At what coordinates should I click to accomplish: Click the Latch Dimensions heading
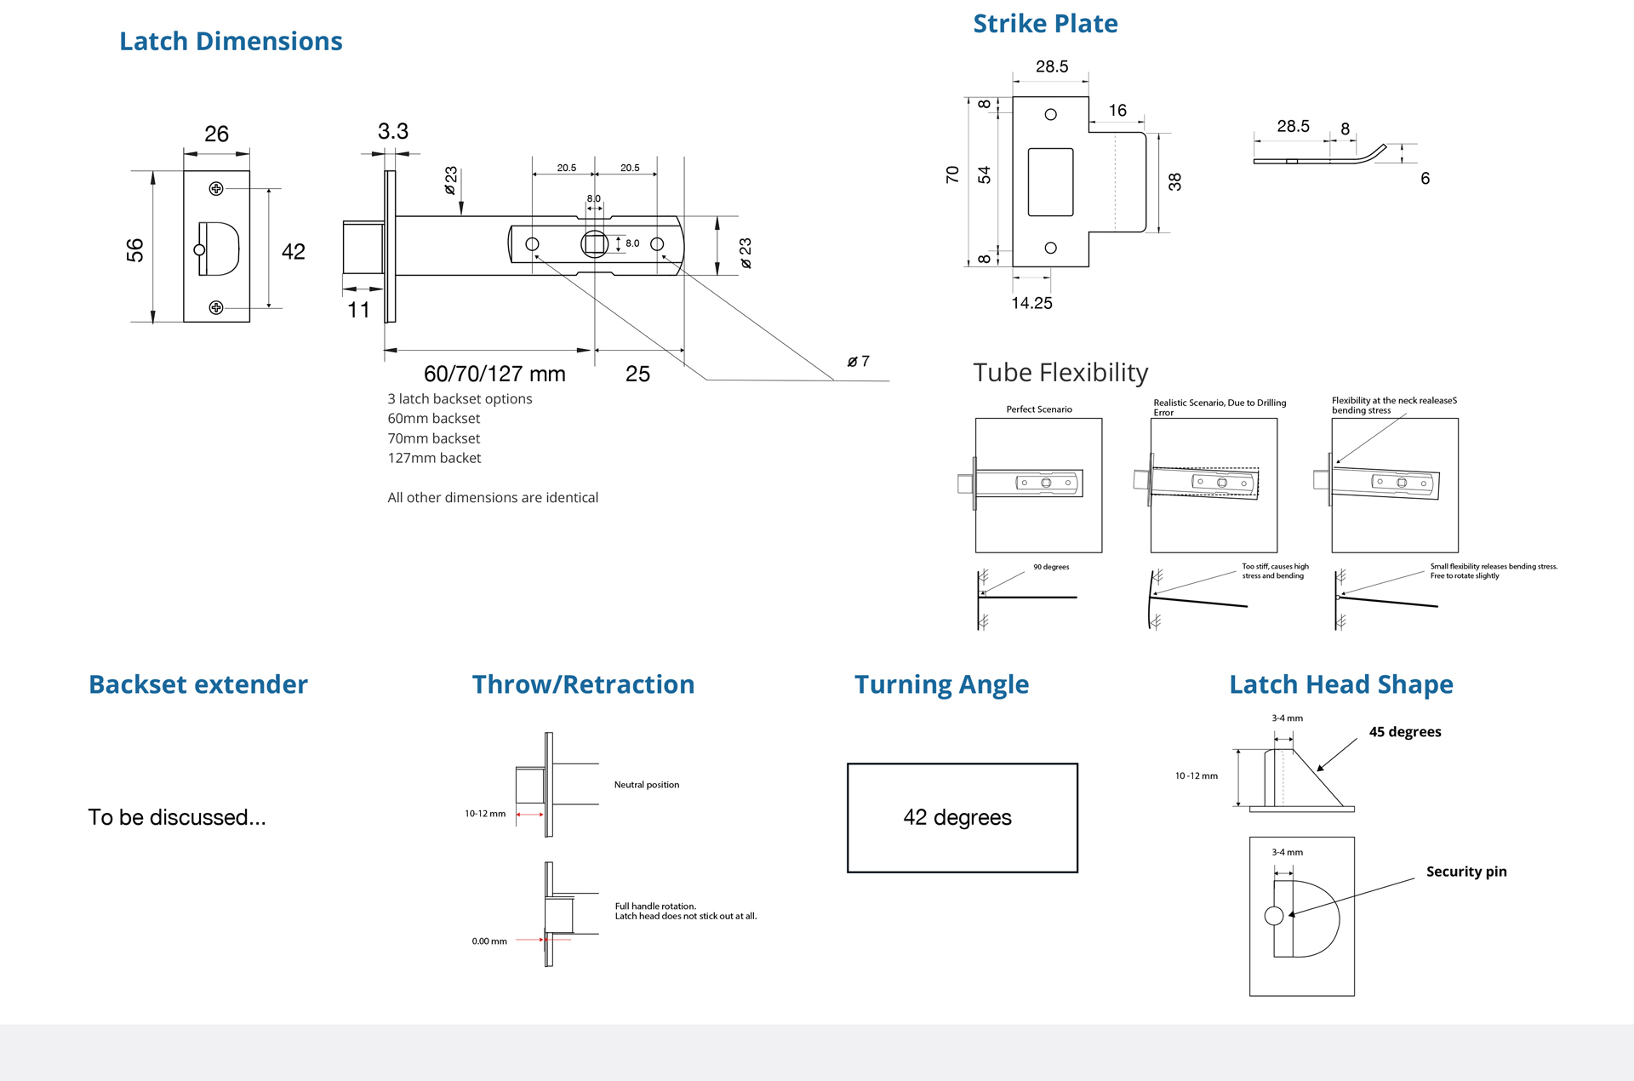coord(231,41)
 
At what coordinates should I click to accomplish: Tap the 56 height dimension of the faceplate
coord(135,249)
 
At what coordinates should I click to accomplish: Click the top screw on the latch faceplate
coord(216,188)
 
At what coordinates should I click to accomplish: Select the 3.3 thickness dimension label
coord(392,132)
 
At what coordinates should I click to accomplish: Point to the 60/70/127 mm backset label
coord(494,374)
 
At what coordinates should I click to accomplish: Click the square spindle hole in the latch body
coord(594,244)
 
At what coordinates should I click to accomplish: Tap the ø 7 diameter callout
coord(858,362)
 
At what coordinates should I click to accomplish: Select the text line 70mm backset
coord(434,438)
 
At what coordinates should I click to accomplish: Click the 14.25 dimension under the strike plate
coord(1031,303)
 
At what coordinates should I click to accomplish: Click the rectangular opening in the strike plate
coord(1050,181)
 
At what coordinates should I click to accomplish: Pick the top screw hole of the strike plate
coord(1050,114)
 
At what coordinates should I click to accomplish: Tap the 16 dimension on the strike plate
coord(1117,111)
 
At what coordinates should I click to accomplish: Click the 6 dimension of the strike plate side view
coord(1425,179)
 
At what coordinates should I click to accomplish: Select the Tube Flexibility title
coord(1060,373)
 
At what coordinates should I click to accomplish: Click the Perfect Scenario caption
coord(1039,409)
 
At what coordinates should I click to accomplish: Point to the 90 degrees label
coord(1051,567)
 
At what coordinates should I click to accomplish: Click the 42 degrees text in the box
coord(957,817)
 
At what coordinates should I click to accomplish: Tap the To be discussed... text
coord(177,817)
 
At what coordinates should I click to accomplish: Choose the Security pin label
coord(1465,872)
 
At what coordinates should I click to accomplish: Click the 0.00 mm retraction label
coord(489,941)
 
